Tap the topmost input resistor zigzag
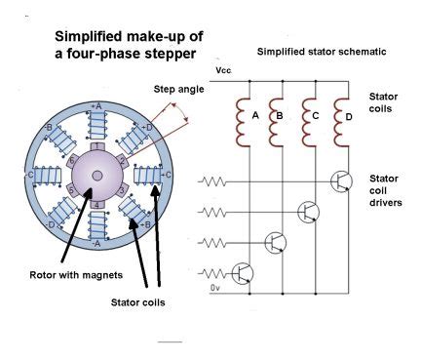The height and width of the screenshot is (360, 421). pyautogui.click(x=213, y=180)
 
